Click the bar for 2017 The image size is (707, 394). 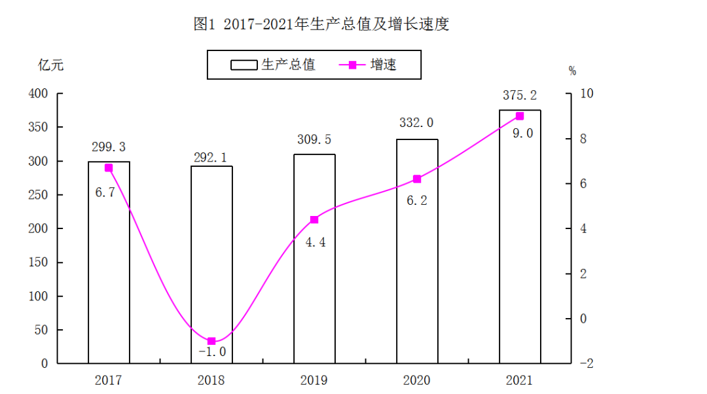click(109, 262)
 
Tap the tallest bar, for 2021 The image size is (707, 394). click(520, 236)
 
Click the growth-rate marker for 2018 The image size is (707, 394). click(211, 341)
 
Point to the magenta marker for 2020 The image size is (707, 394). click(417, 179)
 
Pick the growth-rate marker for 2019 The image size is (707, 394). click(314, 219)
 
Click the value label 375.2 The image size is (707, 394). click(519, 96)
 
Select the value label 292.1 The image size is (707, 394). click(211, 157)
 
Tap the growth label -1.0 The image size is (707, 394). click(211, 352)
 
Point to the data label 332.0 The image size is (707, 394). click(416, 123)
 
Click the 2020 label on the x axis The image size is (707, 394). click(416, 380)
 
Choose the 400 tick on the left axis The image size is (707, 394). click(39, 94)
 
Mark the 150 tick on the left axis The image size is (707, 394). click(39, 262)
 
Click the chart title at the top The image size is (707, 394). click(321, 25)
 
